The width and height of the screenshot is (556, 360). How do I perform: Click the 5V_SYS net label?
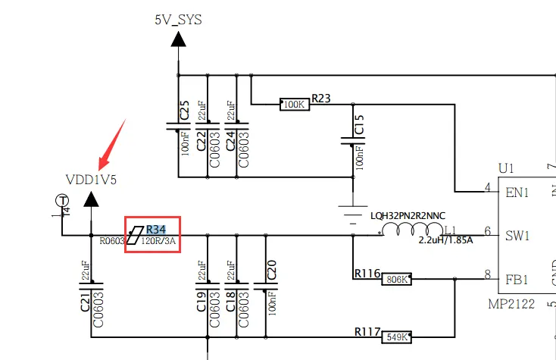click(178, 20)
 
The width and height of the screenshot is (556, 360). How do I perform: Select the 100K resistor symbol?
click(295, 105)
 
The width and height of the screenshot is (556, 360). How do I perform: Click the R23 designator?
click(321, 98)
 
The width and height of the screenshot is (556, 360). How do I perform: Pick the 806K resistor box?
click(396, 279)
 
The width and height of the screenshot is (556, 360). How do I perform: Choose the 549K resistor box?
click(396, 337)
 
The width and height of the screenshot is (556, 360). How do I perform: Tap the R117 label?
click(367, 330)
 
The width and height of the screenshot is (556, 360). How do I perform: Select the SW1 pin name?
click(517, 236)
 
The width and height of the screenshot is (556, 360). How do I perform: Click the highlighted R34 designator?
click(157, 229)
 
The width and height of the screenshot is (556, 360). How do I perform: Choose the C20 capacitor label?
click(271, 268)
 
